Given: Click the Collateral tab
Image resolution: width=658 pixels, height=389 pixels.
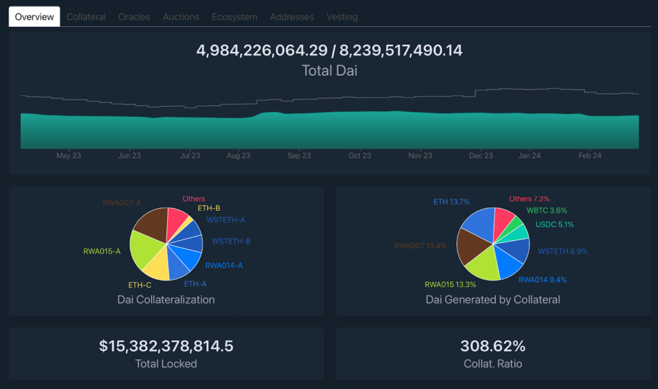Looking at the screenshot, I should click(x=86, y=17).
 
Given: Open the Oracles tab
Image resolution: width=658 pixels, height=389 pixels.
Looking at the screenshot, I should click(x=134, y=17).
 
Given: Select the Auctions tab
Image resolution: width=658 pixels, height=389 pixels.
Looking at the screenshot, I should click(x=181, y=17).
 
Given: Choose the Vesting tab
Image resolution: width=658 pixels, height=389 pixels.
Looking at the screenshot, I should click(x=342, y=17).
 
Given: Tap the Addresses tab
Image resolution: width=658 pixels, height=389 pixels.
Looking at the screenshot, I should click(x=292, y=17).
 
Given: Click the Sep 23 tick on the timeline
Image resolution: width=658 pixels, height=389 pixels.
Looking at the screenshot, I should click(x=299, y=156).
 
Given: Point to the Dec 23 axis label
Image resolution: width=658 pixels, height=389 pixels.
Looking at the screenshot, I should click(x=481, y=156).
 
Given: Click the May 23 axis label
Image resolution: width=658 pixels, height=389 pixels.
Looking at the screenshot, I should click(x=69, y=156).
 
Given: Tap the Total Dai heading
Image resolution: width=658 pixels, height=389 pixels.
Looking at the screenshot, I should click(x=329, y=71).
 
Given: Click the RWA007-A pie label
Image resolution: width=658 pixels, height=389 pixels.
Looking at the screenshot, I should click(x=121, y=203).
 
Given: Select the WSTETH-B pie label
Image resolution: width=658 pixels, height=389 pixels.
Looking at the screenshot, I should click(x=231, y=242).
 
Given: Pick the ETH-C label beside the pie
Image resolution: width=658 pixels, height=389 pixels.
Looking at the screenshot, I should click(x=139, y=285).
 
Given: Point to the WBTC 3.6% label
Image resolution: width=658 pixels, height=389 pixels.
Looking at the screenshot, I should click(x=547, y=210).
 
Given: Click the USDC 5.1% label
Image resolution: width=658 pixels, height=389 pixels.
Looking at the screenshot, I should click(x=555, y=225).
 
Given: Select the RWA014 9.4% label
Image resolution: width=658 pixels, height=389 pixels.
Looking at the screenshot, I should click(x=542, y=280).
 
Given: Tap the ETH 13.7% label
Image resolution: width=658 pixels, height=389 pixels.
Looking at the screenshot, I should click(x=451, y=203).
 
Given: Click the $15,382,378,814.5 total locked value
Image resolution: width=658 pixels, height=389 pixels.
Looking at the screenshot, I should click(x=166, y=346).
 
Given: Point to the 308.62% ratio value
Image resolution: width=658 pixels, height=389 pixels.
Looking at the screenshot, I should click(x=493, y=346).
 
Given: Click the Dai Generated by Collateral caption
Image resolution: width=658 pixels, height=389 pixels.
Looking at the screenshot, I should click(x=493, y=300).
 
